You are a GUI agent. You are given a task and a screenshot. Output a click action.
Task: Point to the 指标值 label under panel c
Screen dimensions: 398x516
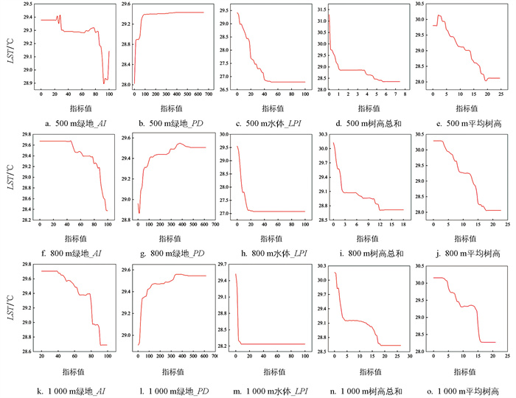point(270,107)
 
